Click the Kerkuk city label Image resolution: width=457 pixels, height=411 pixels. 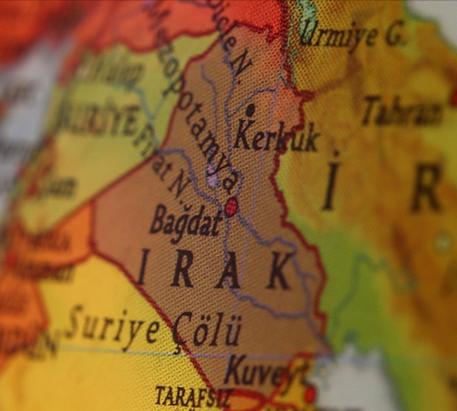click(x=276, y=136)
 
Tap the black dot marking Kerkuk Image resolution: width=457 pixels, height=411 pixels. click(x=250, y=110)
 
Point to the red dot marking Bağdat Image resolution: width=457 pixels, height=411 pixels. click(x=231, y=206)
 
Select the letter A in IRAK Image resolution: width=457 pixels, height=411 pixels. click(x=227, y=270)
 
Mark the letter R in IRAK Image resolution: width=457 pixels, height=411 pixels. click(x=182, y=269)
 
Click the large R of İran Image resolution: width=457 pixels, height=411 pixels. click(x=425, y=188)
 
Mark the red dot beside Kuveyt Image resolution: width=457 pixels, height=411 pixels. click(x=309, y=394)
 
